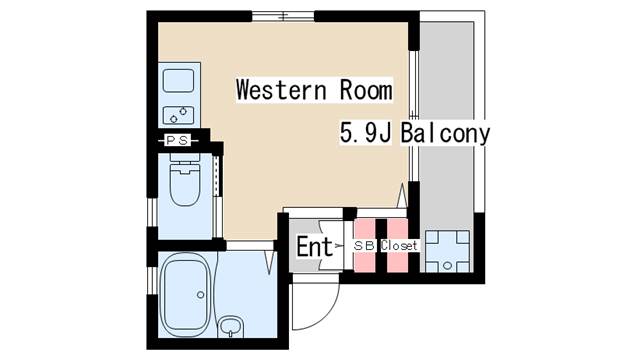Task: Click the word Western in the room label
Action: pyautogui.click(x=281, y=90)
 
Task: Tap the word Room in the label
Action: pyautogui.click(x=366, y=90)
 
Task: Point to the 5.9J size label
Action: pyautogui.click(x=366, y=133)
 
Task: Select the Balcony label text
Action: pyautogui.click(x=445, y=133)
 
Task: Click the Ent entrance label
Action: pyautogui.click(x=314, y=247)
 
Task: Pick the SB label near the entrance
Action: pyautogui.click(x=364, y=246)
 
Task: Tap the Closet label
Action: pyautogui.click(x=399, y=246)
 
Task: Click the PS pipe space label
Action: pyautogui.click(x=178, y=140)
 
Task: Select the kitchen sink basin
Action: pyautogui.click(x=178, y=81)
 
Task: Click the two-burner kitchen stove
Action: pyautogui.click(x=178, y=115)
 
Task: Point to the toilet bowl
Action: pyautogui.click(x=185, y=184)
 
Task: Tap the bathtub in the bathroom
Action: pyautogui.click(x=186, y=295)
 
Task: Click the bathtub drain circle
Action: pyautogui.click(x=200, y=295)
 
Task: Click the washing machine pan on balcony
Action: pyautogui.click(x=447, y=251)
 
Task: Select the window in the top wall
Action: pyautogui.click(x=283, y=16)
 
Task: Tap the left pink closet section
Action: pyautogui.click(x=364, y=245)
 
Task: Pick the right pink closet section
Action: pyautogui.click(x=397, y=245)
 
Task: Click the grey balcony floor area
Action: pyautogui.click(x=447, y=122)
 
